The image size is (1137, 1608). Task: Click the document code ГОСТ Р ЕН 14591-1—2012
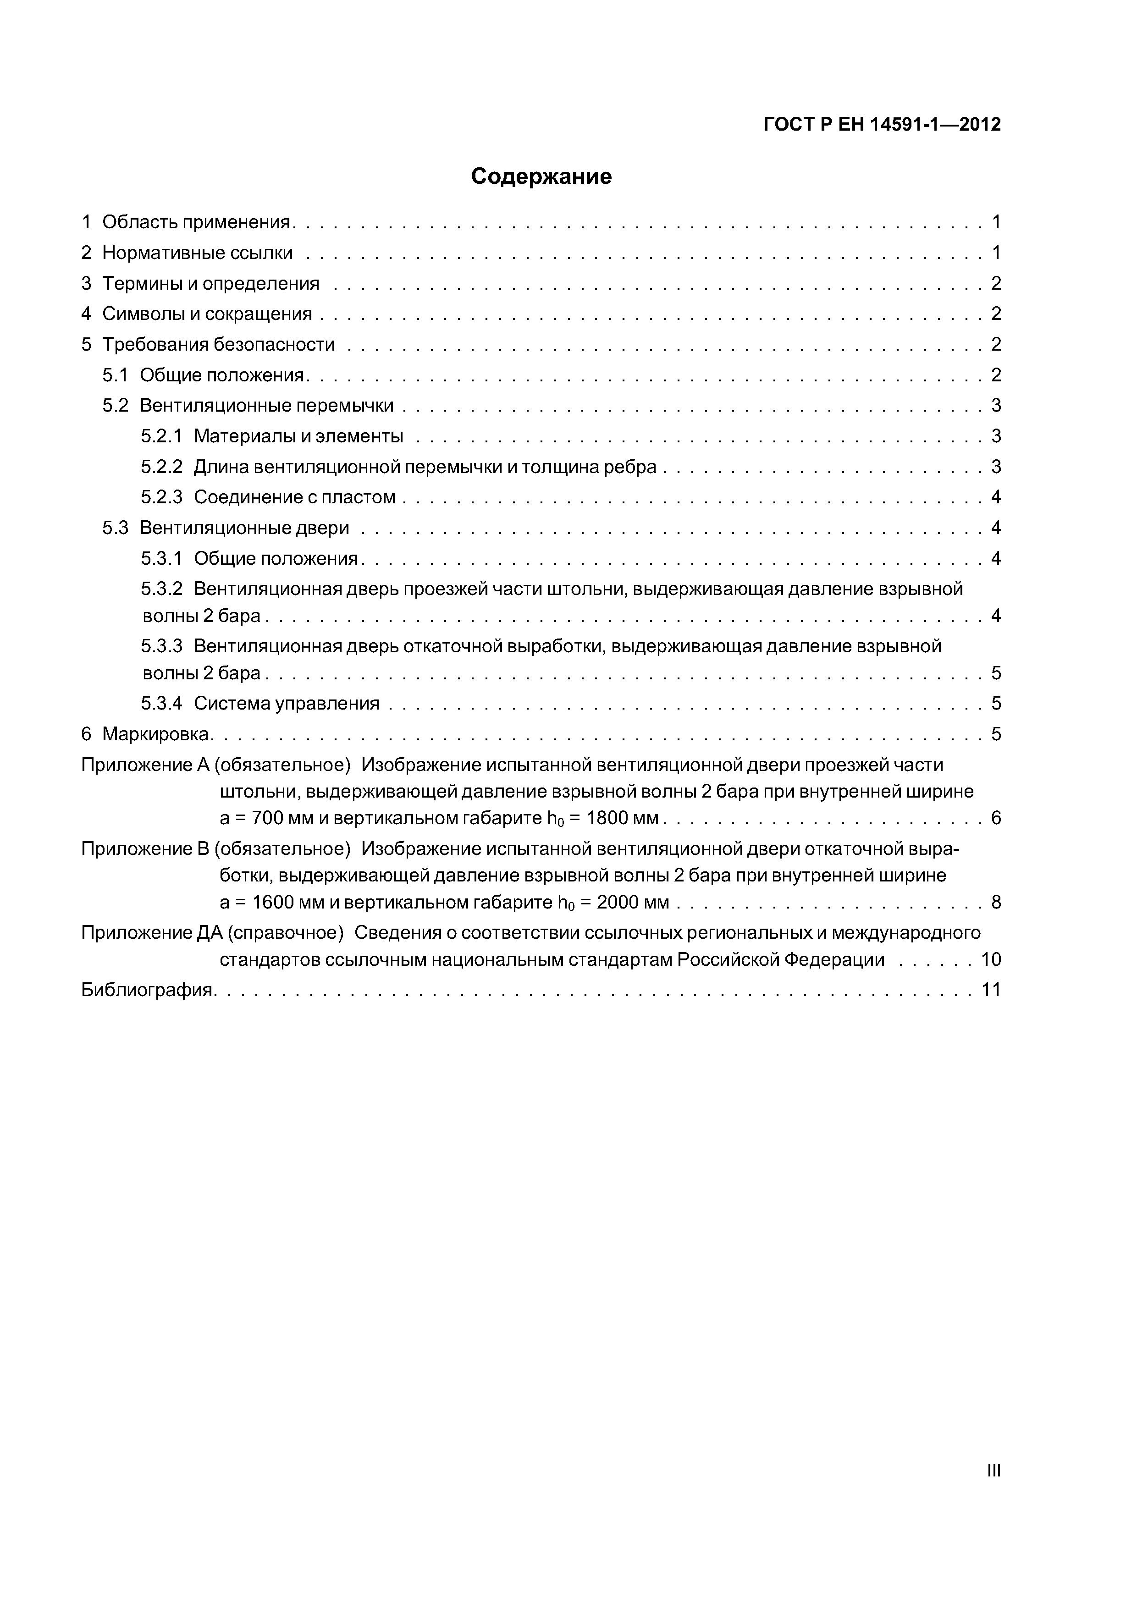pyautogui.click(x=881, y=125)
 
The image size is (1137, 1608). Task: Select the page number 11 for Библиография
pyautogui.click(x=991, y=990)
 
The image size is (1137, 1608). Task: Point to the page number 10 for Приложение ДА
pyautogui.click(x=991, y=959)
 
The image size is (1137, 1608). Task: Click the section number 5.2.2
pyautogui.click(x=161, y=467)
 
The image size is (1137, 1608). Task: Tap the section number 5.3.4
pyautogui.click(x=161, y=703)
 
